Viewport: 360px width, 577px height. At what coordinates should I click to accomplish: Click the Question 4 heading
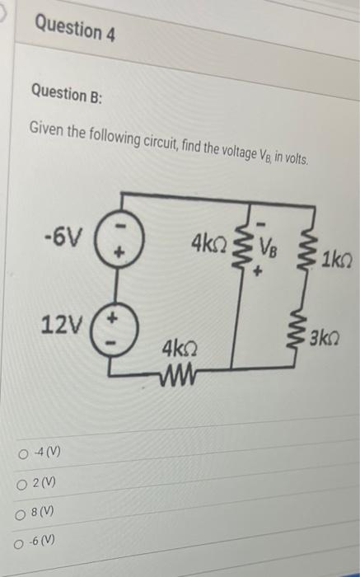[75, 30]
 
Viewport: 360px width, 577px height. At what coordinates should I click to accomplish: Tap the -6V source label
[63, 240]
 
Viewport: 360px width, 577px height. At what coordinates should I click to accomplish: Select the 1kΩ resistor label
[337, 261]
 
